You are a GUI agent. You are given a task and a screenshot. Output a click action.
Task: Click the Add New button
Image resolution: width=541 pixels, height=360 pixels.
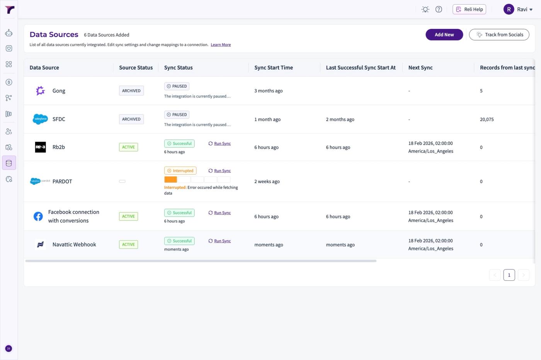(444, 34)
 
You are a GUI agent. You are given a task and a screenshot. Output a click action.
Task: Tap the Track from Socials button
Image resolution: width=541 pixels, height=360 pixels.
(499, 34)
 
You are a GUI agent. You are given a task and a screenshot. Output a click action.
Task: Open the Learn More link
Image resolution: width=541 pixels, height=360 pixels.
(221, 45)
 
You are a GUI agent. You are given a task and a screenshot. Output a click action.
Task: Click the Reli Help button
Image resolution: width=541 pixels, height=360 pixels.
(469, 9)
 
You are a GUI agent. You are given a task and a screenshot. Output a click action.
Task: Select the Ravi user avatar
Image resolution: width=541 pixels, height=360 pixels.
(509, 9)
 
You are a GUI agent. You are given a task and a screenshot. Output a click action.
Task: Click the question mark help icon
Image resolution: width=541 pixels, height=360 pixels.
(439, 9)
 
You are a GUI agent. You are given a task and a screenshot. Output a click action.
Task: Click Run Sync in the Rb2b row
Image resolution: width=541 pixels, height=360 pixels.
(219, 143)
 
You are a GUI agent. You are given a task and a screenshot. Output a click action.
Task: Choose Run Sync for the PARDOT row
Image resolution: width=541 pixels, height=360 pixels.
(219, 171)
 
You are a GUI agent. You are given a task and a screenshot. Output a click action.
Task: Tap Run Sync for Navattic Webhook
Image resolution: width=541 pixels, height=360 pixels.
(219, 241)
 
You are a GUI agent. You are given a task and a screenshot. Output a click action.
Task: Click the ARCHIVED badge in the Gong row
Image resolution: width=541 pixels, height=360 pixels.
(131, 91)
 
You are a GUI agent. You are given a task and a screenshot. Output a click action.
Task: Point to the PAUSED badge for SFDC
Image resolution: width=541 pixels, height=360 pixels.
(177, 115)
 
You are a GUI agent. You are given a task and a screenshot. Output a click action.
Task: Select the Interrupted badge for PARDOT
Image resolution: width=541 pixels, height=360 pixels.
(180, 171)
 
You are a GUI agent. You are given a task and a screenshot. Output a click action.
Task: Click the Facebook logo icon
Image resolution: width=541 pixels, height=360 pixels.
(38, 216)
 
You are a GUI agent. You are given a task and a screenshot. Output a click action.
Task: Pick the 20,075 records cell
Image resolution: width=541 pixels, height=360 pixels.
(487, 119)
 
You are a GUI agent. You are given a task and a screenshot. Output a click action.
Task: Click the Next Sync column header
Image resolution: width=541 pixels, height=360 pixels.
(420, 68)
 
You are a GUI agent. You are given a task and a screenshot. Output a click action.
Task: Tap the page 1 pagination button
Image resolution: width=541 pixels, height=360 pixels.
(509, 275)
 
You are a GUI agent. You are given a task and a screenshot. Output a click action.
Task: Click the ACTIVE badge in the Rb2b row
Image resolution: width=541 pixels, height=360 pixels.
(128, 147)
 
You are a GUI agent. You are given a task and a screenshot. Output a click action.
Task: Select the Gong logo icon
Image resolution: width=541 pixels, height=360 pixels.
(40, 91)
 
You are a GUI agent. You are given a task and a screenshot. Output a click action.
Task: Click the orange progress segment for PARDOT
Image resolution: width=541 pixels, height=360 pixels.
(170, 179)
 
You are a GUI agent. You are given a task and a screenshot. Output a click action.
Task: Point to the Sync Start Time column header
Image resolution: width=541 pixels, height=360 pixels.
(274, 68)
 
